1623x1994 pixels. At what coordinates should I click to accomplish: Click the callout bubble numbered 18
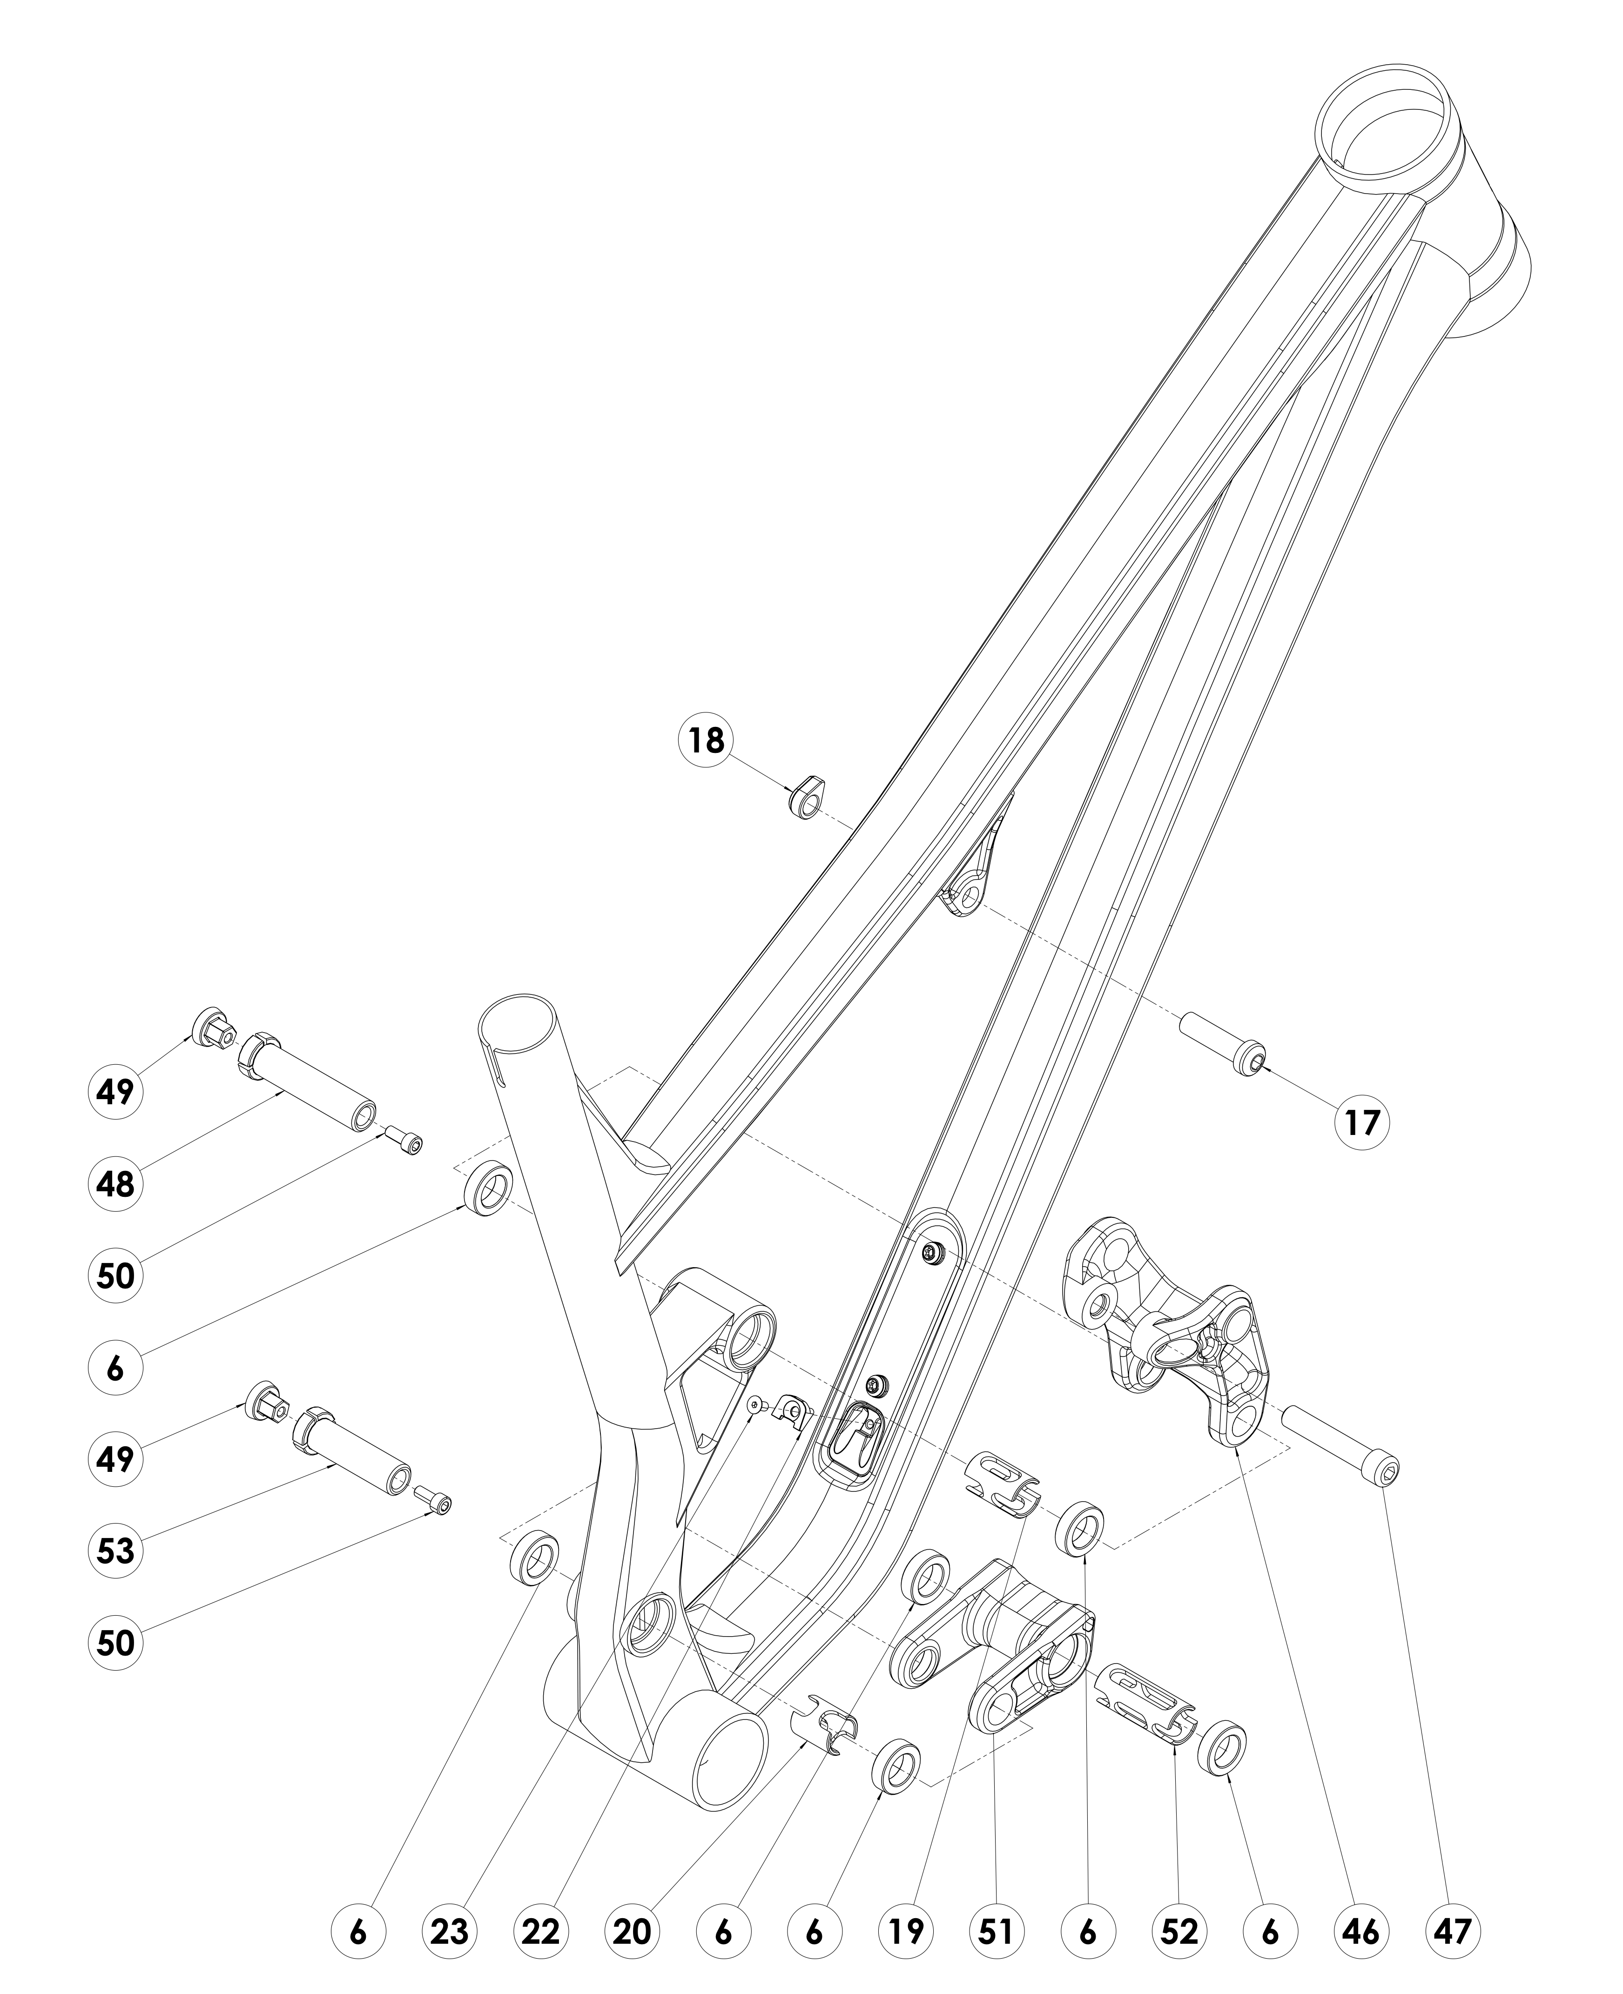click(707, 740)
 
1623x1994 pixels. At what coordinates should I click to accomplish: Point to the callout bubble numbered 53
click(115, 1551)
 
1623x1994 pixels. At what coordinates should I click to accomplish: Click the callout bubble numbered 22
click(540, 1927)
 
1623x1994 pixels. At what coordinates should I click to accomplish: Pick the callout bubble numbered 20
click(632, 1927)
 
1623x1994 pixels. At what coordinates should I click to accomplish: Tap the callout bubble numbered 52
click(1179, 1927)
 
